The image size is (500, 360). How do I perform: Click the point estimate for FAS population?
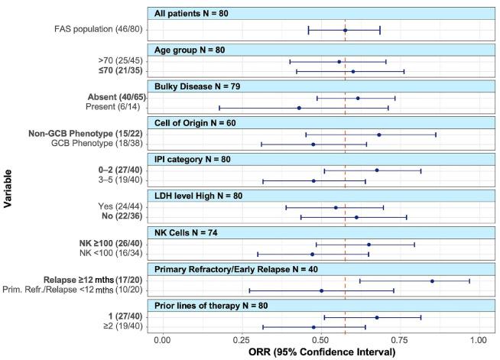point(346,30)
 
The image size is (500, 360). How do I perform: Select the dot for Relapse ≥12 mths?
point(432,281)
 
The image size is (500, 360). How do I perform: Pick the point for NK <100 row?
point(312,254)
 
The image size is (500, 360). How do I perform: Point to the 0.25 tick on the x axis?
point(242,338)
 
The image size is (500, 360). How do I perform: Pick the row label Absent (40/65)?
point(107,98)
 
